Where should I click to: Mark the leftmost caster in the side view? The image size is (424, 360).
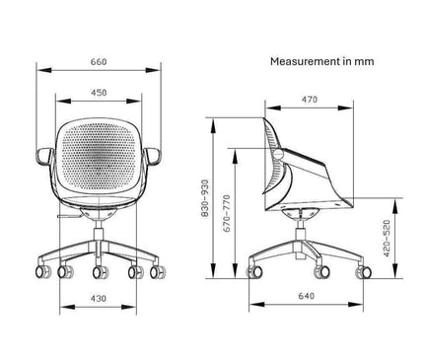(253, 267)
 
